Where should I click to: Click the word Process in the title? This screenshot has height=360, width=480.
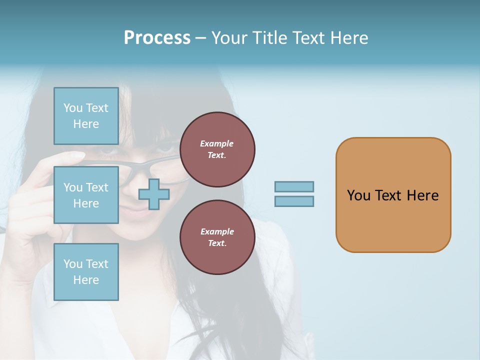tap(157, 38)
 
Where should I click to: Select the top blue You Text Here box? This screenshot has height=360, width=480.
tap(86, 116)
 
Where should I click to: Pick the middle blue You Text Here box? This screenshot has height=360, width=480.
tap(86, 195)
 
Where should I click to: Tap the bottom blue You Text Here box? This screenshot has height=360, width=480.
tap(86, 271)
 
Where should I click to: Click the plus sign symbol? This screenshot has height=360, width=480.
tap(154, 194)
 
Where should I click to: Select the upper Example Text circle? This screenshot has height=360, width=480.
tap(217, 149)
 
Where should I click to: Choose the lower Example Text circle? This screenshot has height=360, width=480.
tap(217, 237)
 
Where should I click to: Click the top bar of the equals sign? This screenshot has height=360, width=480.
tap(294, 186)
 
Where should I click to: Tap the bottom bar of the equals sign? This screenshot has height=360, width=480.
tap(294, 201)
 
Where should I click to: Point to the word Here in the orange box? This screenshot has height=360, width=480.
tap(422, 195)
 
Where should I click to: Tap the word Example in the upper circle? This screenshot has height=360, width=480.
tap(217, 143)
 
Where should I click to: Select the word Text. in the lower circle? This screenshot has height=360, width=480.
tap(217, 243)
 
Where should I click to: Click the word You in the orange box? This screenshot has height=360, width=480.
tap(358, 195)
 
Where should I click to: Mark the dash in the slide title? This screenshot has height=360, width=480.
tap(201, 38)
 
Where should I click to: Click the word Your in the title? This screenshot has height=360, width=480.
tap(230, 38)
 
